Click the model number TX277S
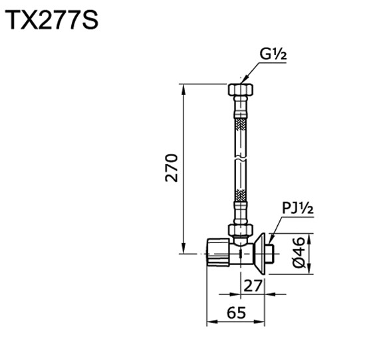point(53,20)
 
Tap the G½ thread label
point(273,55)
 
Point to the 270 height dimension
point(172,168)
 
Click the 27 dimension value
point(251,286)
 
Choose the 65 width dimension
point(237,312)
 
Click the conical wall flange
point(261,253)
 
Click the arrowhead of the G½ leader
point(247,80)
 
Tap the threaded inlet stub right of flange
point(271,253)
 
